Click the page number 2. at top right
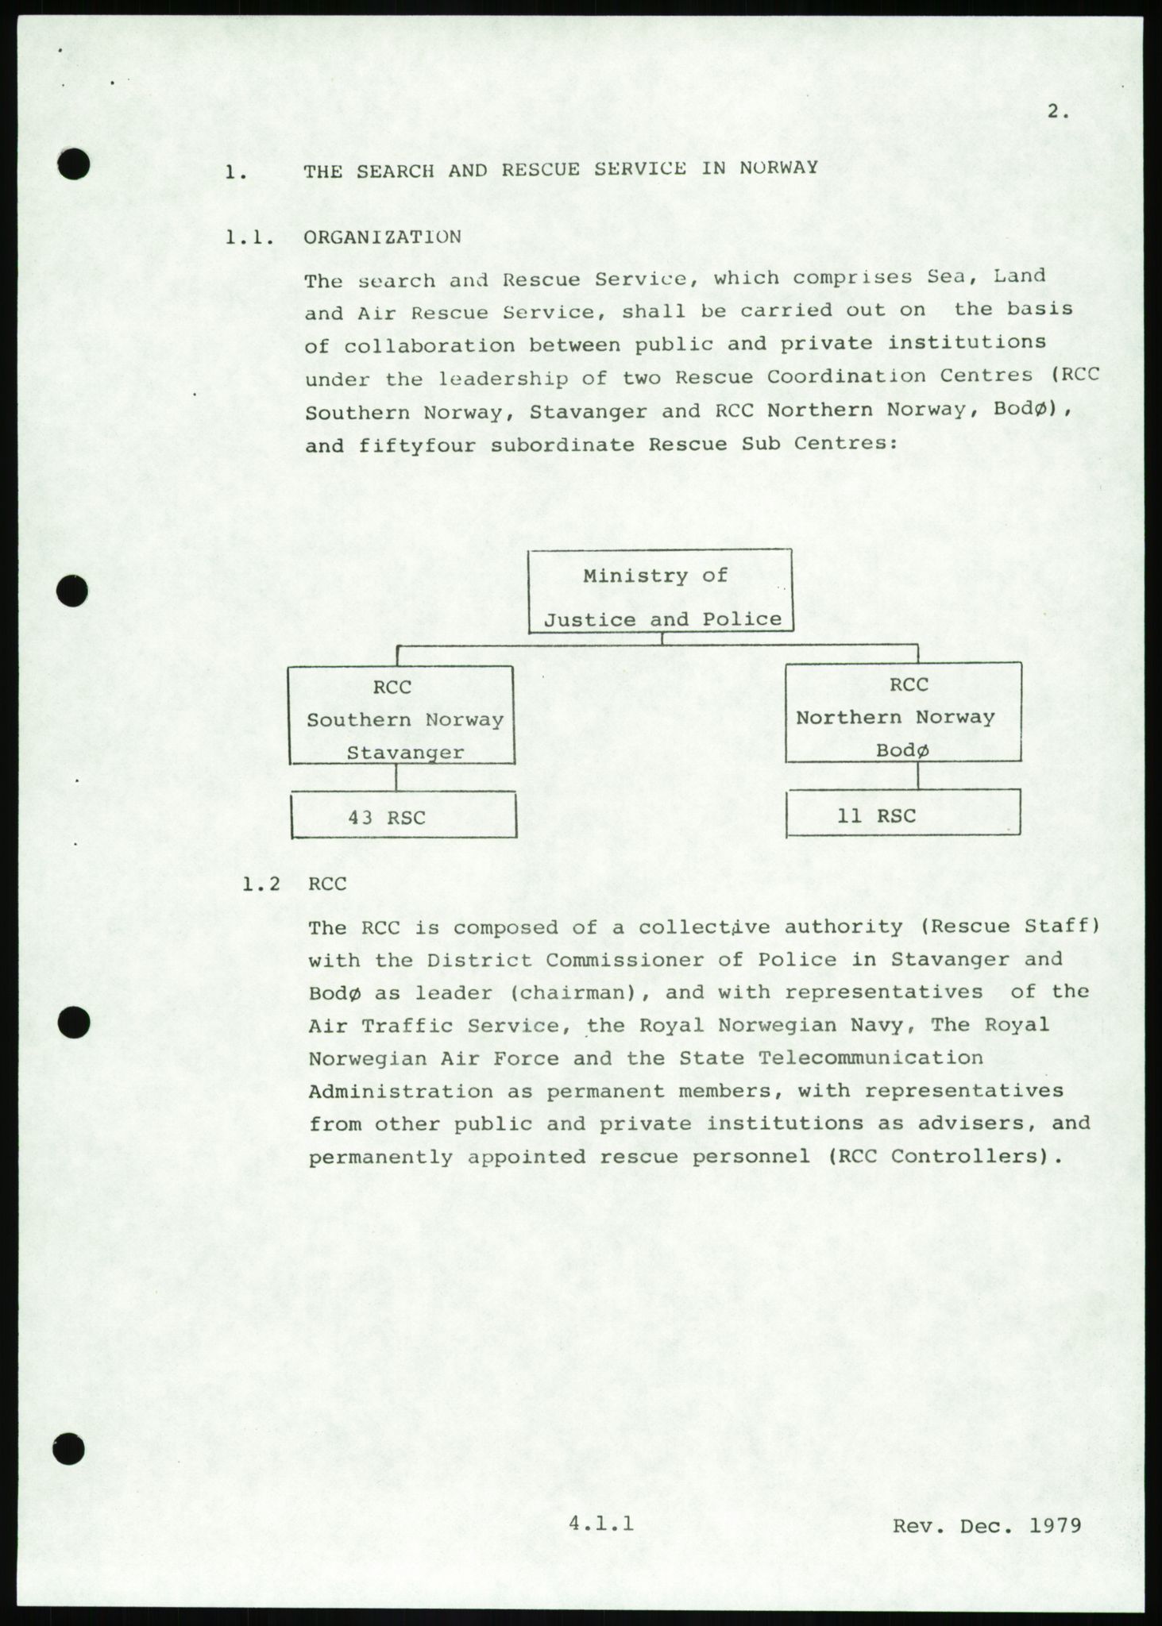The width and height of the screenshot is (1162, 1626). [x=1057, y=112]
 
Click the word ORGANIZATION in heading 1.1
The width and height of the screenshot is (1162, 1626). [x=382, y=237]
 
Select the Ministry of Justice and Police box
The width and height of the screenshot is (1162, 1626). [x=661, y=591]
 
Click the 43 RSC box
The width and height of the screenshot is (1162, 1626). [x=403, y=816]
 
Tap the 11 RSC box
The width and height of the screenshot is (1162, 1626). [x=903, y=815]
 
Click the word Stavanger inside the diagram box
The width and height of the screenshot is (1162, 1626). [x=405, y=751]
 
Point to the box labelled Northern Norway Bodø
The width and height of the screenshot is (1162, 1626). [x=903, y=713]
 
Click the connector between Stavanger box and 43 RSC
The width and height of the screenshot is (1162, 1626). [x=396, y=778]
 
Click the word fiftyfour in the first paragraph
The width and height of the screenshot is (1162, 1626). [x=418, y=445]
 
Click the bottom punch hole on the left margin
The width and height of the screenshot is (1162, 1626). [x=69, y=1448]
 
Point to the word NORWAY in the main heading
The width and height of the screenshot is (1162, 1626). [x=778, y=168]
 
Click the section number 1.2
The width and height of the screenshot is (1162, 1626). [x=262, y=884]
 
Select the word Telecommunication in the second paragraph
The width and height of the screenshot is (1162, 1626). [x=871, y=1058]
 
